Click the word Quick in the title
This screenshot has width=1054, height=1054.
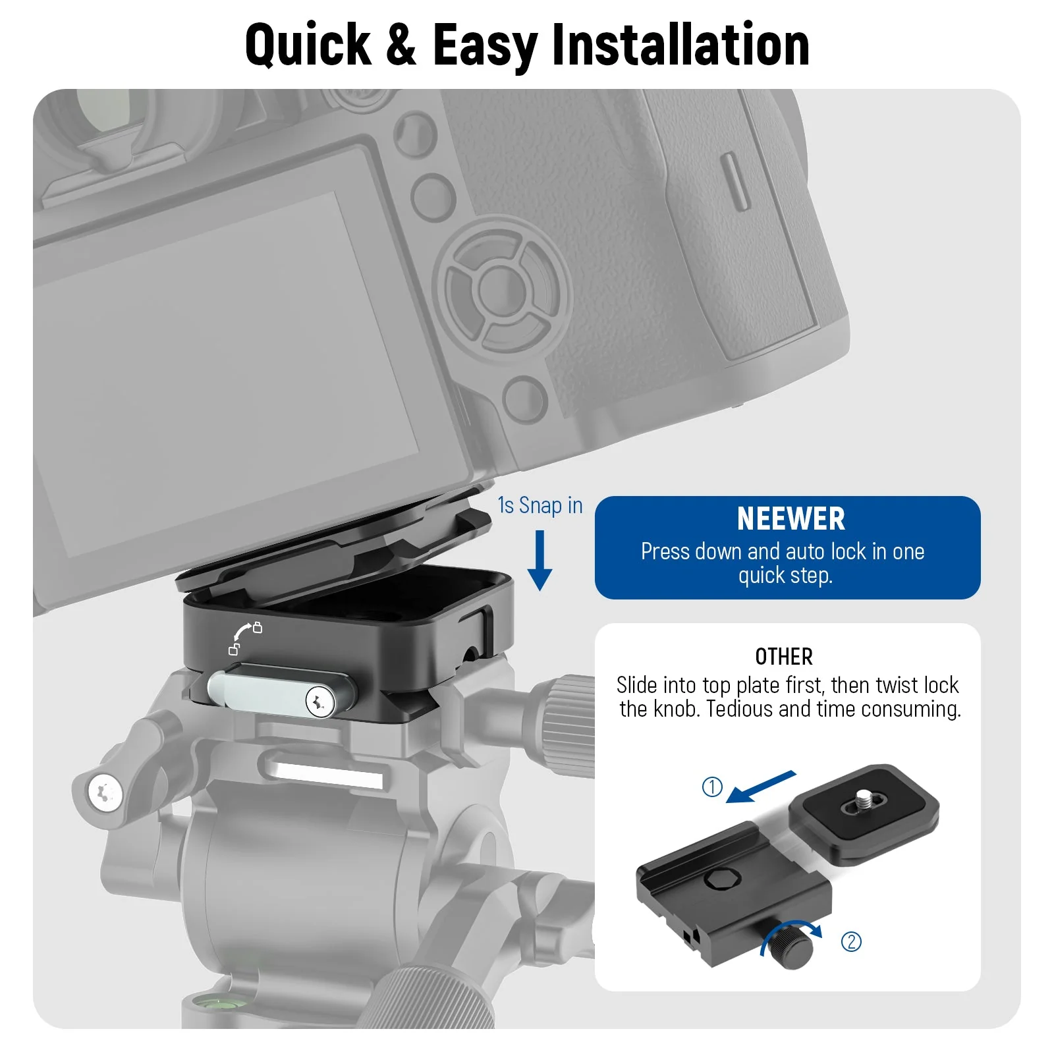tap(308, 45)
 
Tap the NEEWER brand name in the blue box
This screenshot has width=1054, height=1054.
tap(790, 519)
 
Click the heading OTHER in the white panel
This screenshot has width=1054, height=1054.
tap(784, 657)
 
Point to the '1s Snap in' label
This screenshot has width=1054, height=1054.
tap(540, 506)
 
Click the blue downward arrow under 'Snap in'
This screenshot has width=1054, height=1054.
tap(540, 561)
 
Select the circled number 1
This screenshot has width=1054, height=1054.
tap(712, 787)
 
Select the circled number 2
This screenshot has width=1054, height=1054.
tap(851, 942)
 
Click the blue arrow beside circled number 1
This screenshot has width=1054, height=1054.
tap(761, 787)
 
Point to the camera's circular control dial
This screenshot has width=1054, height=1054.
tap(502, 289)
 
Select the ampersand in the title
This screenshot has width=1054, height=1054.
tap(401, 45)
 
